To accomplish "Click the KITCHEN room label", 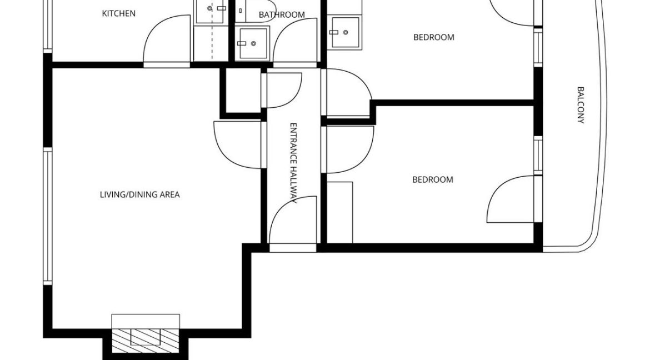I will coord(118,13).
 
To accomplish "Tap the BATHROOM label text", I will coord(282,14).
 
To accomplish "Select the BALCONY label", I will coord(581,104).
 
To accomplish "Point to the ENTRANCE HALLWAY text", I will coord(294,164).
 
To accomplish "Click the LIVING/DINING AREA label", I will coord(139,195).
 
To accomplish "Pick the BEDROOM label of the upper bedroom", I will coord(433,38).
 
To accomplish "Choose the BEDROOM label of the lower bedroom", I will coord(432,180).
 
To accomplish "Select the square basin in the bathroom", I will coord(253,43).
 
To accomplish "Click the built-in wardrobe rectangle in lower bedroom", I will coord(339,212).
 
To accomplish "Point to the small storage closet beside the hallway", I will coord(242,92).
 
